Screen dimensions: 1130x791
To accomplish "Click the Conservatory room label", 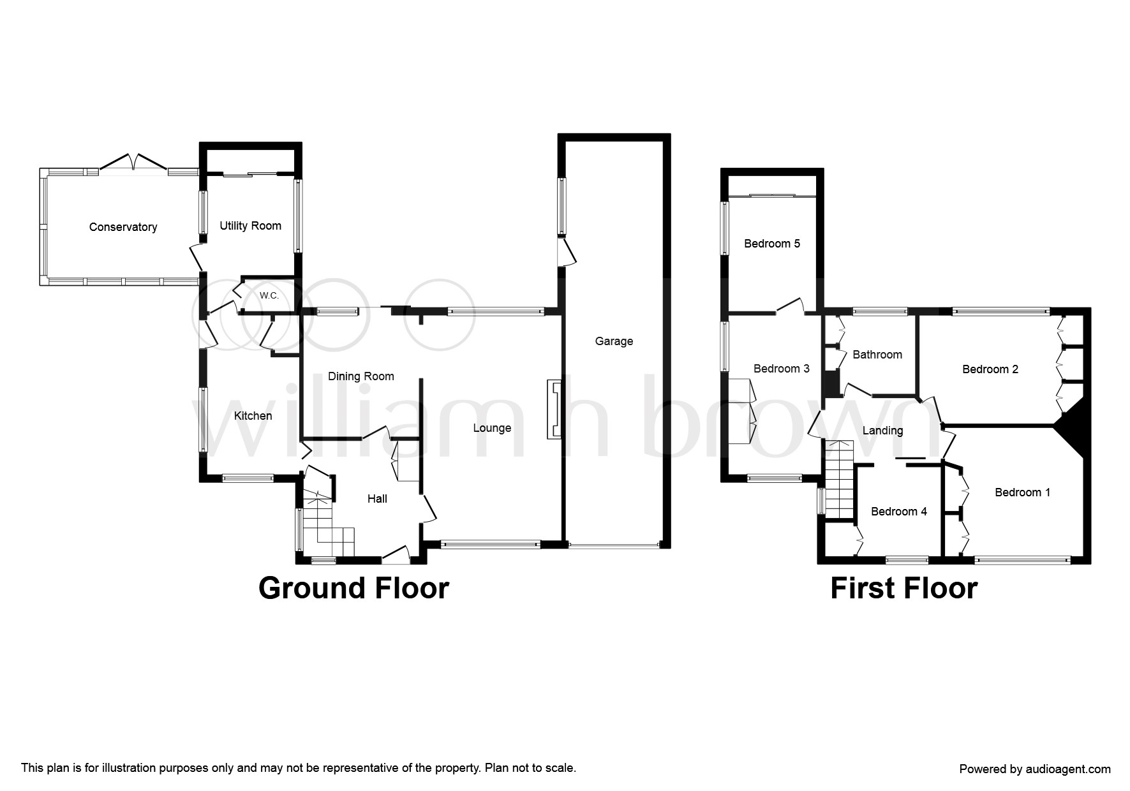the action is coord(123,227).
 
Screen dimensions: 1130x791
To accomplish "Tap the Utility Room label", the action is coord(250,226).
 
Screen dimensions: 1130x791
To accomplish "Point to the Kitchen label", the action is coord(253,416).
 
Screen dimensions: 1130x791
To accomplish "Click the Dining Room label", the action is coord(361,376).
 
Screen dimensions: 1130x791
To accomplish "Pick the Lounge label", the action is coord(492,428).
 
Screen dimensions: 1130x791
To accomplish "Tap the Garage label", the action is coord(614,341).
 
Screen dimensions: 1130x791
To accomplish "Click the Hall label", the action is coord(377,499).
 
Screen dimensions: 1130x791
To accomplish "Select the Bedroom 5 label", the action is coord(772,244).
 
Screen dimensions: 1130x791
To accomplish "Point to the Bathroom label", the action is coord(877,355).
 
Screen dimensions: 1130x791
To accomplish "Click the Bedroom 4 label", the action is coord(899,512).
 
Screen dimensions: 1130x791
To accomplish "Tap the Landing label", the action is coord(882,431).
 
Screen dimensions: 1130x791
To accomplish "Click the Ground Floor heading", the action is coord(353,588).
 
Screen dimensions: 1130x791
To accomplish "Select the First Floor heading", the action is coord(903,588).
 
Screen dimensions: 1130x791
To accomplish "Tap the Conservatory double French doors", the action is coord(134,161).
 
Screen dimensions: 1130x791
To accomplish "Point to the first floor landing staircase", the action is coord(838,479).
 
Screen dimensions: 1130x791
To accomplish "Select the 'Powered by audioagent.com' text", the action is coord(1035,769).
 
